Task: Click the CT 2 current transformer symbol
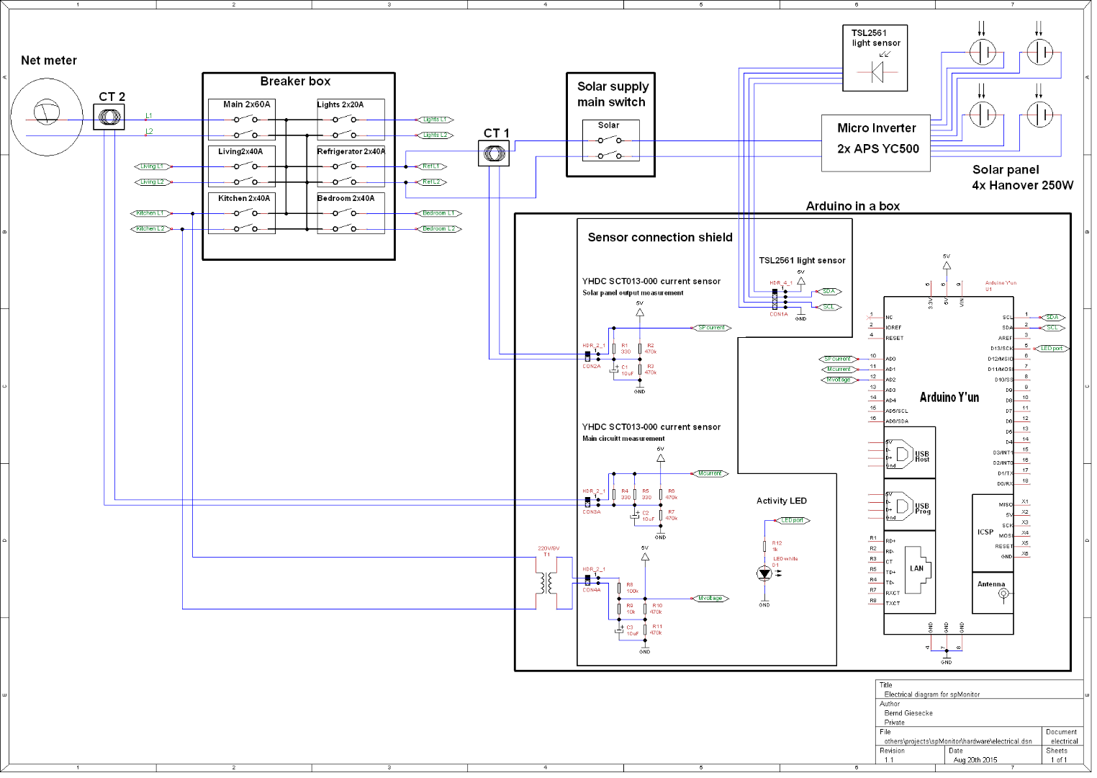pos(109,117)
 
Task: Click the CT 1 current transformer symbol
pos(494,153)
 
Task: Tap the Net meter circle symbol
pos(47,117)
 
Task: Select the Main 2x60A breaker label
pos(246,104)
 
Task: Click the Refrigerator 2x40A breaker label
pos(351,151)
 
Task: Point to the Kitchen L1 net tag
pos(150,213)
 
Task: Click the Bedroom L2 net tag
pos(438,229)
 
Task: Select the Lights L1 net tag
pos(435,120)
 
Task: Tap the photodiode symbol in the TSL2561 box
pos(877,72)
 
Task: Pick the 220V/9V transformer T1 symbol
pos(546,582)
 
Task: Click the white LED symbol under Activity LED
pos(764,573)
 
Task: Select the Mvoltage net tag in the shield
pos(709,599)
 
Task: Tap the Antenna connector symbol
pos(1003,594)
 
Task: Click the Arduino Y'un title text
pos(949,398)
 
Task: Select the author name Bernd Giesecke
pos(908,713)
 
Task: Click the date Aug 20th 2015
pos(975,760)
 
